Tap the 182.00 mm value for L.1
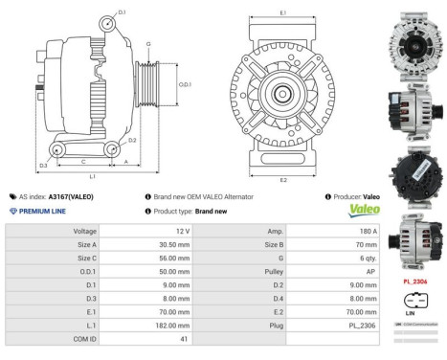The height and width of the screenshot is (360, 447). [x=163, y=325]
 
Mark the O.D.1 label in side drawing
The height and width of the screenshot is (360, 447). [x=185, y=85]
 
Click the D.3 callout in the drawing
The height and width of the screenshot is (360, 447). [x=43, y=166]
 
